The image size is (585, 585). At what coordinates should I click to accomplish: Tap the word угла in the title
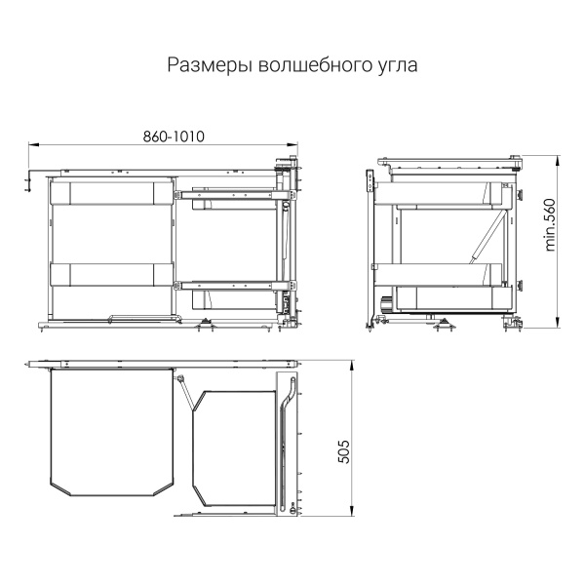(396, 66)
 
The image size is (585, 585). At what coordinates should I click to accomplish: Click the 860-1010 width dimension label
(174, 136)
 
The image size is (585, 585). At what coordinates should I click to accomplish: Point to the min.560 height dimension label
(550, 225)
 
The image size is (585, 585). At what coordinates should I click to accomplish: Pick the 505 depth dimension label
(344, 451)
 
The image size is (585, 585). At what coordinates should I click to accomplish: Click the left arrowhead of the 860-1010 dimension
(33, 144)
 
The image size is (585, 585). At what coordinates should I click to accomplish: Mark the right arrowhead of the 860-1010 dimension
(292, 144)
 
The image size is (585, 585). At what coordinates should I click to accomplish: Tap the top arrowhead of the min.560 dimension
(558, 161)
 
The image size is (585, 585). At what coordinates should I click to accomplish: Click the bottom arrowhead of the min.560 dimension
(558, 323)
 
